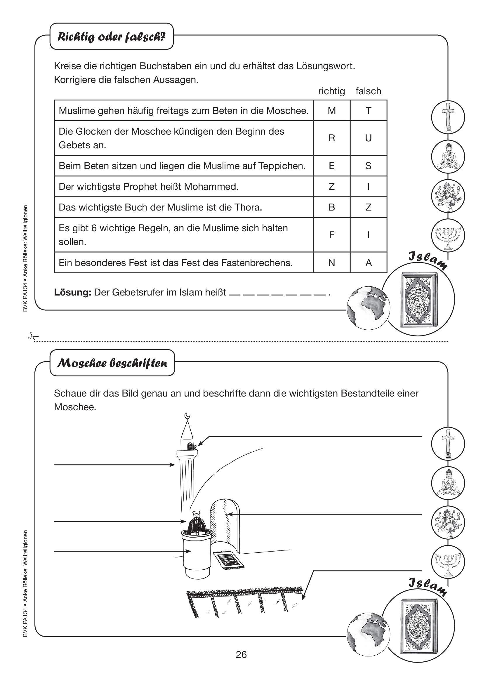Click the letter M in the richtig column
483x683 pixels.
(x=332, y=111)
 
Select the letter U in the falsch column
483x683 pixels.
(x=368, y=138)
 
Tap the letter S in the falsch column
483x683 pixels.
(x=368, y=166)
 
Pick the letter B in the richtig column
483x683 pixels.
(x=332, y=207)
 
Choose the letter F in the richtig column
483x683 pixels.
(x=332, y=235)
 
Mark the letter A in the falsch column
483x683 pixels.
(x=369, y=263)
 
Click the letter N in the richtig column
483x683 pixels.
(x=332, y=263)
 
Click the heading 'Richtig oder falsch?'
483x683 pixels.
(x=112, y=37)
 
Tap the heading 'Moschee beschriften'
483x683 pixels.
(x=112, y=363)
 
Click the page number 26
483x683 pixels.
(x=241, y=654)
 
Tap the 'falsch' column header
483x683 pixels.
(x=368, y=91)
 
